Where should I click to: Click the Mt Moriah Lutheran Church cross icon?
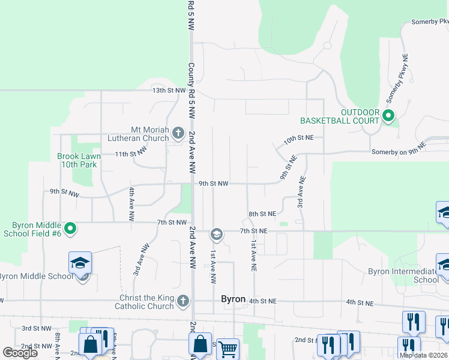click(x=178, y=132)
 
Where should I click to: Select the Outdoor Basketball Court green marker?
click(x=388, y=116)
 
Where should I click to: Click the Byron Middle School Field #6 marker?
click(x=70, y=229)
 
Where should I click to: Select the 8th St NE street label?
click(x=262, y=213)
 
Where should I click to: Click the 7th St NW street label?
click(x=172, y=222)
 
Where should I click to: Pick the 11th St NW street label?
click(x=131, y=154)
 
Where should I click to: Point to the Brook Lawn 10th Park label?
click(x=79, y=160)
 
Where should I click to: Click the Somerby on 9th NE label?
click(x=398, y=149)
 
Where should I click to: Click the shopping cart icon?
click(x=228, y=348)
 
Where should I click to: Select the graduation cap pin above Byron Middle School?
click(x=80, y=263)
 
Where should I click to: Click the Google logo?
click(x=20, y=353)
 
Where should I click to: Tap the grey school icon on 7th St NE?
click(x=217, y=234)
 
